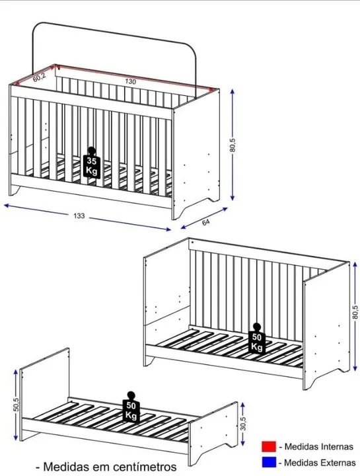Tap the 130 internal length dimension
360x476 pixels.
pyautogui.click(x=130, y=81)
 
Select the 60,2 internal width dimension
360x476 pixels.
pyautogui.click(x=39, y=77)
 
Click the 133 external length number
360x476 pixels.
pyautogui.click(x=79, y=216)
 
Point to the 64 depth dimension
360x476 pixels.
pyautogui.click(x=205, y=222)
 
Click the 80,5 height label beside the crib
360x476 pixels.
pyautogui.click(x=233, y=145)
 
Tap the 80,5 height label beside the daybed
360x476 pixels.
pyautogui.click(x=355, y=312)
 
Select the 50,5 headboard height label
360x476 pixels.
pyautogui.click(x=17, y=405)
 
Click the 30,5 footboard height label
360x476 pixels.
pyautogui.click(x=243, y=423)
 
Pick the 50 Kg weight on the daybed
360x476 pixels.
pyautogui.click(x=256, y=338)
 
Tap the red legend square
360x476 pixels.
pyautogui.click(x=269, y=446)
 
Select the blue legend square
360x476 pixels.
pyautogui.click(x=269, y=462)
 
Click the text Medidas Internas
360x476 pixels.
pyautogui.click(x=319, y=446)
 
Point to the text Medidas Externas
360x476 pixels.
pyautogui.click(x=320, y=463)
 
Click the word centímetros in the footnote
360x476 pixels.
pyautogui.click(x=145, y=466)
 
